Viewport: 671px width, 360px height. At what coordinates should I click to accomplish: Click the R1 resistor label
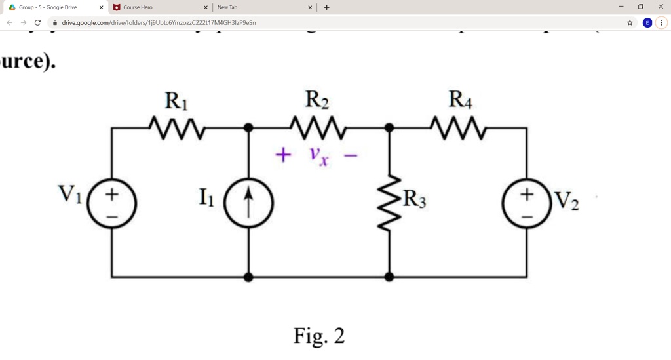coord(176,102)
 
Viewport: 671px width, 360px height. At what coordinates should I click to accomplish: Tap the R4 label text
coord(460,100)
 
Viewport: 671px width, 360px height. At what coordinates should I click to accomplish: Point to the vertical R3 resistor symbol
coord(389,202)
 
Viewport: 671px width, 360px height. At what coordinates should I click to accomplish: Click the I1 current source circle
coord(248,203)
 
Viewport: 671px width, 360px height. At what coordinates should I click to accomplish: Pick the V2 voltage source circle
coord(527,203)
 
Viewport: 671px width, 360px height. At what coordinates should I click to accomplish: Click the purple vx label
coord(319,156)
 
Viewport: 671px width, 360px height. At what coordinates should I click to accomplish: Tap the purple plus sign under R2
coord(282,155)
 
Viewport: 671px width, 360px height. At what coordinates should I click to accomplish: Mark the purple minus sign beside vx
coord(351,156)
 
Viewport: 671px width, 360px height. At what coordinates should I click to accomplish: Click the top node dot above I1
coord(248,127)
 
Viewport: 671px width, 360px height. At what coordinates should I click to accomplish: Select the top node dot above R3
coord(389,127)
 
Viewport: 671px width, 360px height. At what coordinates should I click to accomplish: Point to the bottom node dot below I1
coord(248,277)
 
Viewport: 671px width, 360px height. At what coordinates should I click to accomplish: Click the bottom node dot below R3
coord(389,277)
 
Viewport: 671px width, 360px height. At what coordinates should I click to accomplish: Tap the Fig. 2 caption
coord(319,336)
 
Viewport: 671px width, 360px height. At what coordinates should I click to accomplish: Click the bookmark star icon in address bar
coord(630,22)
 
